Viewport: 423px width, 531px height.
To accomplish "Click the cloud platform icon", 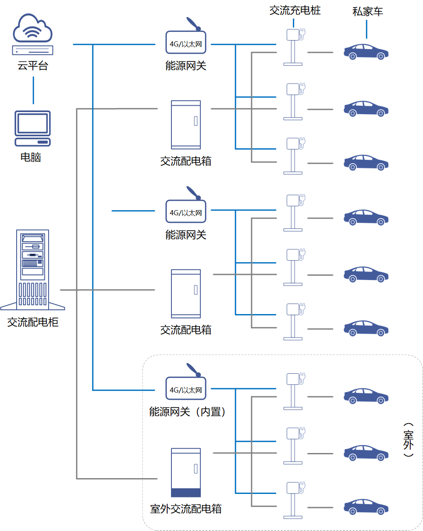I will tap(32, 34).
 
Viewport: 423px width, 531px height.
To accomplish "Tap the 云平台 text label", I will tap(32, 66).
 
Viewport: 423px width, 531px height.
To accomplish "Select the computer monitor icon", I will tap(32, 128).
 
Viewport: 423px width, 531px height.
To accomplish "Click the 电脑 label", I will tap(31, 157).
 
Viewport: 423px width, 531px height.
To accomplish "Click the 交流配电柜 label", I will tap(33, 322).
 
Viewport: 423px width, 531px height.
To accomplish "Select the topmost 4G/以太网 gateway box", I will tap(186, 43).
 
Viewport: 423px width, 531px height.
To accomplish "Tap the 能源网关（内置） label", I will tap(187, 412).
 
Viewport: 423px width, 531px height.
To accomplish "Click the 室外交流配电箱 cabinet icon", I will tap(186, 472).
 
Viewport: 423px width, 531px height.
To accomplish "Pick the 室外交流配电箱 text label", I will tap(186, 509).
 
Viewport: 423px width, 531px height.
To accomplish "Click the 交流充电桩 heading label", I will tap(295, 11).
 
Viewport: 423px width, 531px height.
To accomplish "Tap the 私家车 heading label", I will tap(368, 12).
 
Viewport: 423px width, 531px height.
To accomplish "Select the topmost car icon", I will tap(366, 52).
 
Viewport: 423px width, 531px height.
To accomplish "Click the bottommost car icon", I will tap(366, 507).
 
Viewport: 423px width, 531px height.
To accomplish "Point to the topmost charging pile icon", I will tap(294, 47).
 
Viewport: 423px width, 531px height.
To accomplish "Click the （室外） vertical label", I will tap(408, 440).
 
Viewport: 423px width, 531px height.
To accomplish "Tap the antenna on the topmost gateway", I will tap(193, 24).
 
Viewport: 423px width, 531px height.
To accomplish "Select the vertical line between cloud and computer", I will tap(33, 90).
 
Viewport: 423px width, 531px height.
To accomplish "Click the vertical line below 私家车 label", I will tap(366, 29).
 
